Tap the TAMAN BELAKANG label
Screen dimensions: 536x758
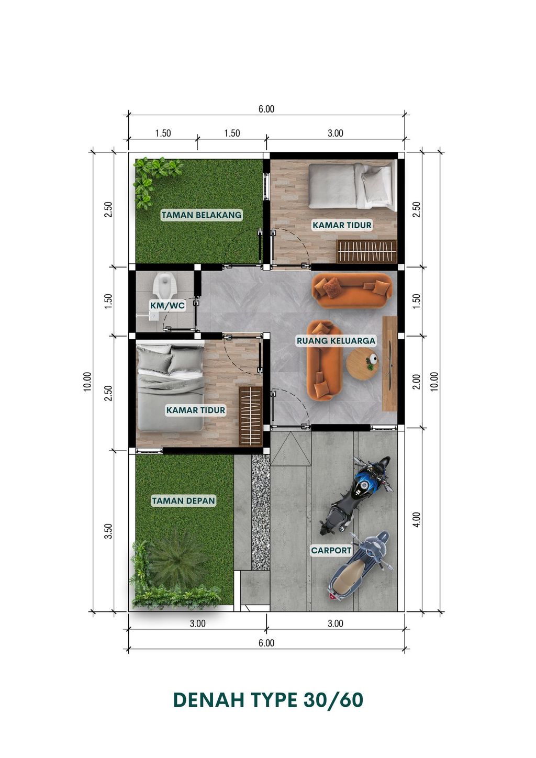point(202,215)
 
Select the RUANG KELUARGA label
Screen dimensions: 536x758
point(336,340)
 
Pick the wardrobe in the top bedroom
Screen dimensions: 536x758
point(366,251)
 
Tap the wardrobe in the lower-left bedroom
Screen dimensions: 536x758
point(251,416)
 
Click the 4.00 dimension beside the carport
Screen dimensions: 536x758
point(417,519)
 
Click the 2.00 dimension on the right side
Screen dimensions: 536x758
point(417,382)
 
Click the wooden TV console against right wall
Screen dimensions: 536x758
point(390,364)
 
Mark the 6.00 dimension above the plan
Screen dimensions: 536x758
point(266,109)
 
